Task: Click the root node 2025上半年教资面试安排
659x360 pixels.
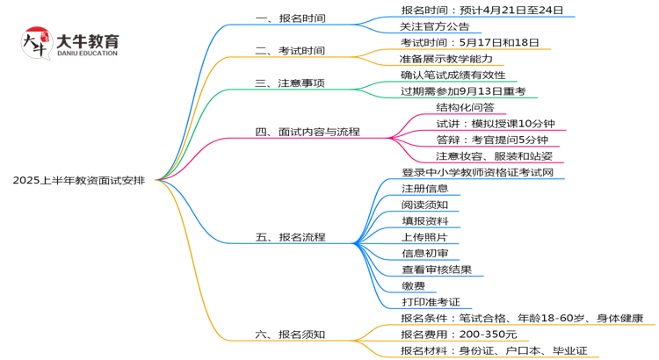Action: [x=79, y=180]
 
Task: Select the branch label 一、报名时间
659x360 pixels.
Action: [x=289, y=18]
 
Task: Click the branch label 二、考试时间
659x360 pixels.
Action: [x=289, y=51]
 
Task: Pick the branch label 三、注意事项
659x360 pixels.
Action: [x=289, y=83]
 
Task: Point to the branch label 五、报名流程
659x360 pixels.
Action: [x=289, y=237]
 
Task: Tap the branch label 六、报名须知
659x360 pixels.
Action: [x=289, y=335]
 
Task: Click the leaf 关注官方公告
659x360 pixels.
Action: [x=435, y=26]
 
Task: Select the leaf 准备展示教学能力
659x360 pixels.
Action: [x=446, y=59]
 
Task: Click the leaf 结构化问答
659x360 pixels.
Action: [x=465, y=107]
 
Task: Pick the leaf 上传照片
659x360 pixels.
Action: [x=424, y=237]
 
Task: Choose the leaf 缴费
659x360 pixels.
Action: [x=413, y=285]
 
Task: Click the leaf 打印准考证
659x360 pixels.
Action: [x=431, y=302]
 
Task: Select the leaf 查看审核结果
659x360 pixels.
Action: [x=436, y=270]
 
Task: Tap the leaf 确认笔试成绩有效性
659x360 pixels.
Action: [x=453, y=76]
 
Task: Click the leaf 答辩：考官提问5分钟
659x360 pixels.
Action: [x=492, y=140]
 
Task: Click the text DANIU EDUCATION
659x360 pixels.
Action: [x=85, y=54]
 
